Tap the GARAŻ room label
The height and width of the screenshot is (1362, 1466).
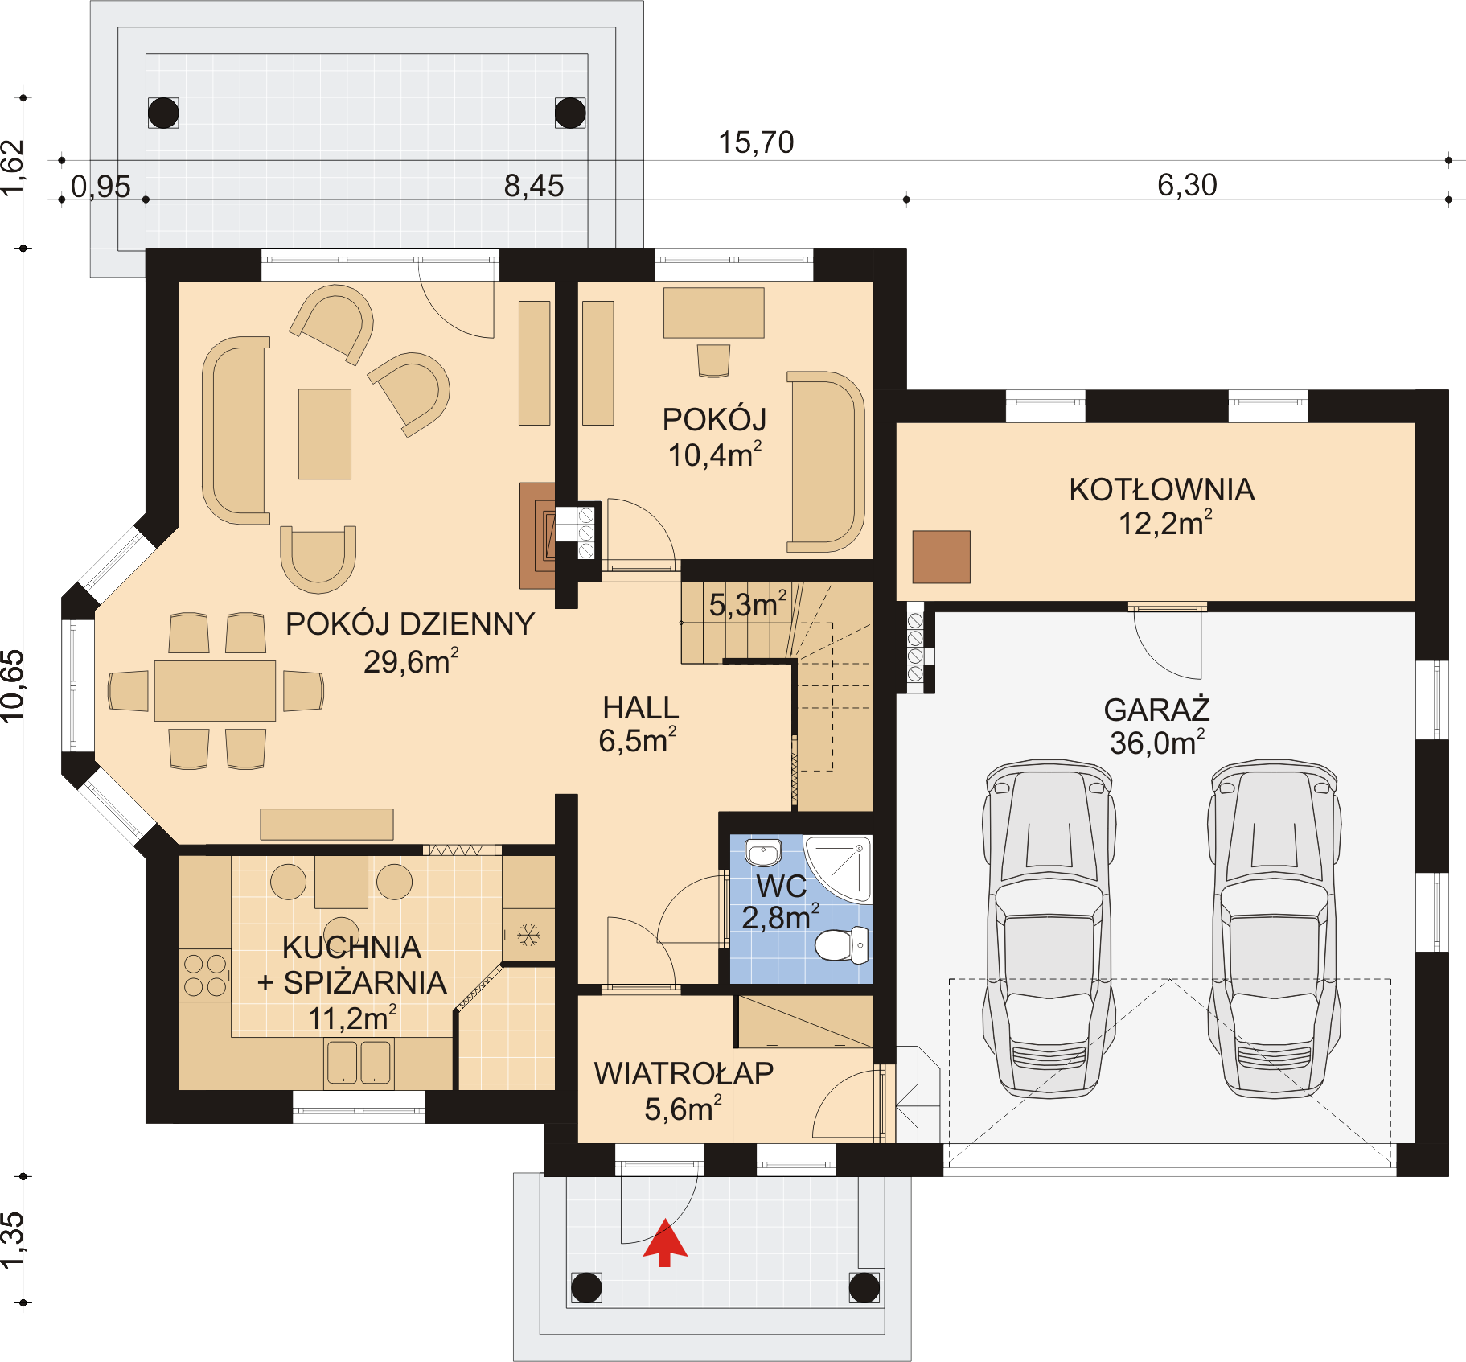(1156, 710)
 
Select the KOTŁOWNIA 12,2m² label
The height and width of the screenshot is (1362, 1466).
(1162, 506)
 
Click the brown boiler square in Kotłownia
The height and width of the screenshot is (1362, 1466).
(941, 557)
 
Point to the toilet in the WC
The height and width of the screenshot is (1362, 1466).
(841, 944)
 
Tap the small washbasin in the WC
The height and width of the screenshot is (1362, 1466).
(762, 852)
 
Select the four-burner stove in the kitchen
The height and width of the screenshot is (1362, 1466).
(205, 975)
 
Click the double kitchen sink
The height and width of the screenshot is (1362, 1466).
(359, 1062)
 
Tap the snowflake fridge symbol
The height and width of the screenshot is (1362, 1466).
(528, 935)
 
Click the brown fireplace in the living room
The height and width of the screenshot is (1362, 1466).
(537, 536)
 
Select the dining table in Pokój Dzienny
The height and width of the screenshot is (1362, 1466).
(215, 690)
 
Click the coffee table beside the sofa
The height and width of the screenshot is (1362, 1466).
(324, 434)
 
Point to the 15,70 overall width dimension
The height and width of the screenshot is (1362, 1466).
(755, 143)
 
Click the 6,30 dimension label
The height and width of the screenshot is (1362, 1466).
(1186, 185)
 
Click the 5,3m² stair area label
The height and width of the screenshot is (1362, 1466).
(747, 605)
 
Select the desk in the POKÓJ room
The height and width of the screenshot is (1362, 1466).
(713, 313)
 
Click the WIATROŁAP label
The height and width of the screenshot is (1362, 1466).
(684, 1073)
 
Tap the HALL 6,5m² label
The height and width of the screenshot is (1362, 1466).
(639, 724)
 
